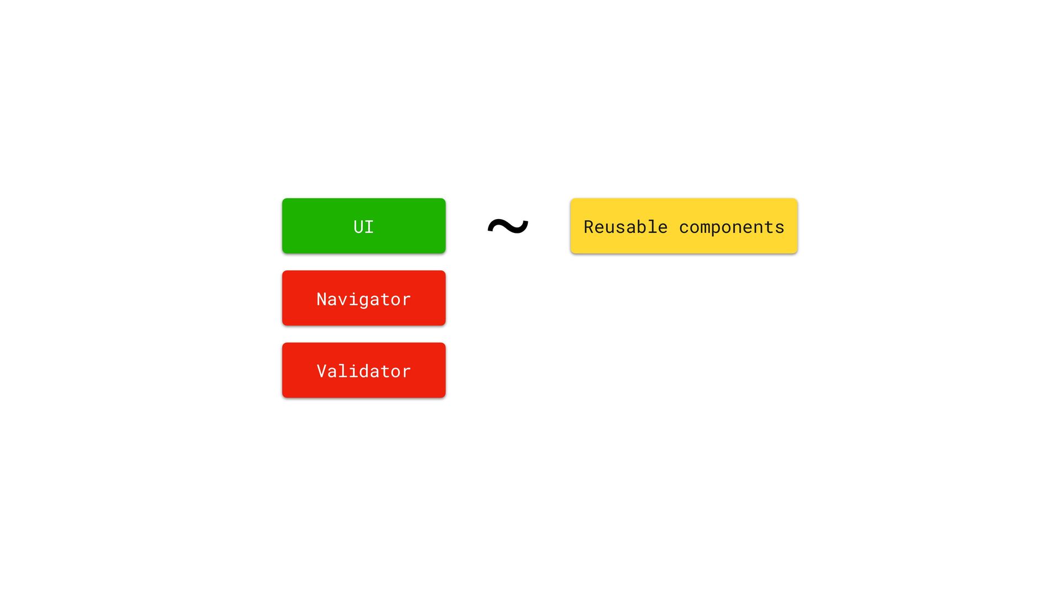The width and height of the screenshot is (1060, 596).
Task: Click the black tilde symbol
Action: point(508,226)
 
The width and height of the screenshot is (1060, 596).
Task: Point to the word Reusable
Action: point(625,227)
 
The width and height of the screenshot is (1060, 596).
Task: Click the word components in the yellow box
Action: point(732,227)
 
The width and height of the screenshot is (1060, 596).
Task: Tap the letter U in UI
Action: point(358,227)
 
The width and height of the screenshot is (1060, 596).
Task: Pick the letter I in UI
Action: point(369,227)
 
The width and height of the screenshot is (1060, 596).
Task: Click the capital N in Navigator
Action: point(321,299)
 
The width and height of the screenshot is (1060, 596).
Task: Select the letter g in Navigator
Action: point(364,300)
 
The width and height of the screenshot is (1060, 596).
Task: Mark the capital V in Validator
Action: point(321,371)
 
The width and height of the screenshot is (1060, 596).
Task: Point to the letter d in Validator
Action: point(364,371)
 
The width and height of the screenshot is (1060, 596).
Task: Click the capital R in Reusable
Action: point(589,227)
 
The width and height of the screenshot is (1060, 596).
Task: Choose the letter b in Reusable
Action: point(642,227)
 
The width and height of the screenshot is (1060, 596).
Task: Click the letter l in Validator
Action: point(342,371)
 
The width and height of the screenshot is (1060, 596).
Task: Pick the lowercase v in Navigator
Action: point(342,300)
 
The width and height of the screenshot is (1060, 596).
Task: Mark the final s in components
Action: point(779,227)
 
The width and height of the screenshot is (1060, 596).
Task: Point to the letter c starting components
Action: point(684,227)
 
